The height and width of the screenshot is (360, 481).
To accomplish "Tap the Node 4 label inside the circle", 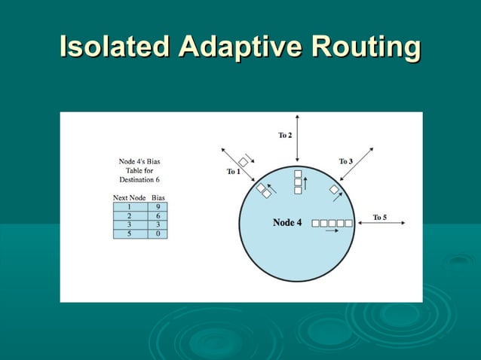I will pyautogui.click(x=287, y=223).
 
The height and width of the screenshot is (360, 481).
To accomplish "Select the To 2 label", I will pyautogui.click(x=285, y=136).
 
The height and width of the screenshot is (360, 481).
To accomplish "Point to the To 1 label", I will pyautogui.click(x=234, y=172).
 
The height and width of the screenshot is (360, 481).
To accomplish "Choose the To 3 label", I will pyautogui.click(x=345, y=162).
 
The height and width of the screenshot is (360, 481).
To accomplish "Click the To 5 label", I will pyautogui.click(x=380, y=218).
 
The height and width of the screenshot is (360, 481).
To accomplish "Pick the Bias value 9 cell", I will pyautogui.click(x=158, y=206).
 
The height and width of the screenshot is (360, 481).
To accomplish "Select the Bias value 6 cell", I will pyautogui.click(x=158, y=215).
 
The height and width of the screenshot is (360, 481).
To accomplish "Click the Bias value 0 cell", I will pyautogui.click(x=158, y=233).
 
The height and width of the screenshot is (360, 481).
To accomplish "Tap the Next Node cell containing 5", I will pyautogui.click(x=130, y=233).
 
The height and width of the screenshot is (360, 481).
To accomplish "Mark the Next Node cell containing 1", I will pyautogui.click(x=130, y=206).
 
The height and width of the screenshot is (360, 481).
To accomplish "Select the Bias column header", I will pyautogui.click(x=158, y=197).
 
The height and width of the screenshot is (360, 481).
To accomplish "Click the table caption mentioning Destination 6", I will pyautogui.click(x=139, y=170).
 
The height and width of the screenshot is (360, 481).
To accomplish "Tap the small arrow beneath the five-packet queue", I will pyautogui.click(x=329, y=232).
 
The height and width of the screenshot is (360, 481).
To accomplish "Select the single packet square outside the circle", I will pyautogui.click(x=244, y=162).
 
